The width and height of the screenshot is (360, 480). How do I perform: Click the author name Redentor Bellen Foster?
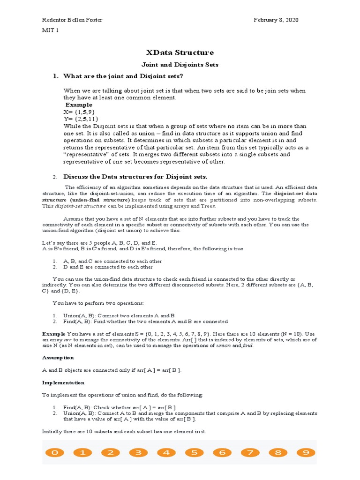click(73, 20)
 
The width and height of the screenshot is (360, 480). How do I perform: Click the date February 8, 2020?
click(276, 20)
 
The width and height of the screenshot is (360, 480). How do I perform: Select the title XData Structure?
click(180, 52)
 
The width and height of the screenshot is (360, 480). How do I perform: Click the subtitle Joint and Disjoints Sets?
click(180, 65)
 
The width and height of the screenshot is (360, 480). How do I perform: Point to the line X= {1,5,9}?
click(79, 112)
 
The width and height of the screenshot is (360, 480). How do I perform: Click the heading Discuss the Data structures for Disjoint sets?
click(135, 177)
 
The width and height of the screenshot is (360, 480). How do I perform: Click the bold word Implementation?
click(63, 383)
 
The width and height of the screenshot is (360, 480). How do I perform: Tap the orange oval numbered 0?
click(55, 453)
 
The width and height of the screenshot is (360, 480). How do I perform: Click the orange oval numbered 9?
click(306, 453)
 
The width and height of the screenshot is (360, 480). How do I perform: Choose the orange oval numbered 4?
click(166, 453)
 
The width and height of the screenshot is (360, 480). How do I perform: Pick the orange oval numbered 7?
click(250, 453)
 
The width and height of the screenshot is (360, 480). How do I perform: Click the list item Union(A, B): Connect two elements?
click(119, 315)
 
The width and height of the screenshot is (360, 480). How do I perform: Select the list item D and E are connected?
click(108, 267)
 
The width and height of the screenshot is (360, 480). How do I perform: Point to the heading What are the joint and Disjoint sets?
click(123, 76)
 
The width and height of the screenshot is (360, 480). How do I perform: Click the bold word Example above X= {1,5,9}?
click(79, 105)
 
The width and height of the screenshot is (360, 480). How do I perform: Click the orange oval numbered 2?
click(111, 453)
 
